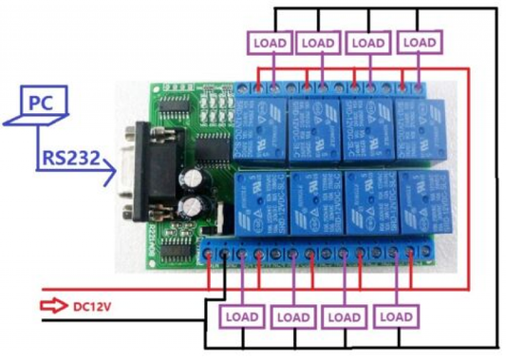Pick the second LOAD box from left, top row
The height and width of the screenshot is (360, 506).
pyautogui.click(x=317, y=43)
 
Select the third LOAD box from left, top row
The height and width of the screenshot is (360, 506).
pyautogui.click(x=367, y=43)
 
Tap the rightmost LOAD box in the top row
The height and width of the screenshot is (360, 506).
pyautogui.click(x=418, y=43)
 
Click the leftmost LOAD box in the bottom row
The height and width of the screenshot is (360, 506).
pyautogui.click(x=238, y=316)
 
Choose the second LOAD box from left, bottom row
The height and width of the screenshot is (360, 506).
pyautogui.click(x=293, y=316)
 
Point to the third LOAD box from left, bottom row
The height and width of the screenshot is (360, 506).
pyautogui.click(x=344, y=316)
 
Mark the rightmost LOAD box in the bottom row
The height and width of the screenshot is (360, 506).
pyautogui.click(x=396, y=316)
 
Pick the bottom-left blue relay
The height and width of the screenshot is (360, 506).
pyautogui.click(x=259, y=202)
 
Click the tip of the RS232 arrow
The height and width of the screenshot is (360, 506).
pyautogui.click(x=117, y=173)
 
